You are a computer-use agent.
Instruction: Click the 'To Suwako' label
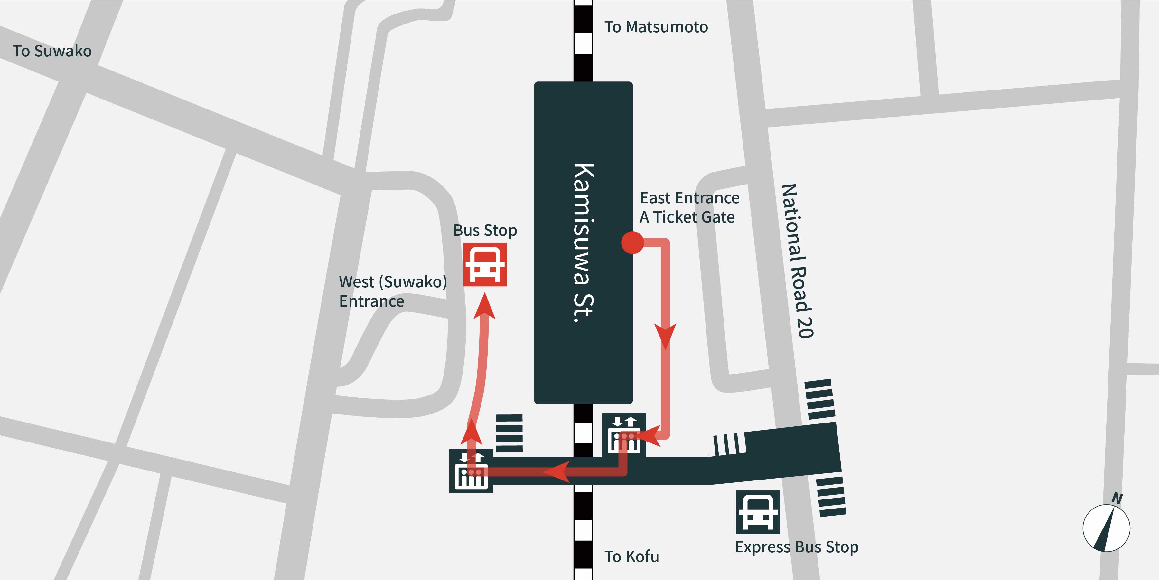pyautogui.click(x=52, y=51)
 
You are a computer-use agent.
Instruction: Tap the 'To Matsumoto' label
pyautogui.click(x=656, y=27)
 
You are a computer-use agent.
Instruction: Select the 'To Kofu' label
pyautogui.click(x=631, y=556)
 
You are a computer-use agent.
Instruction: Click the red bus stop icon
pyautogui.click(x=485, y=265)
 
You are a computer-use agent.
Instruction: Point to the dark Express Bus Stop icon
pyautogui.click(x=758, y=512)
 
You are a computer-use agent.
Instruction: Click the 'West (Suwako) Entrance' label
pyautogui.click(x=392, y=291)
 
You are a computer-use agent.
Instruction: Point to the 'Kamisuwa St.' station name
pyautogui.click(x=584, y=243)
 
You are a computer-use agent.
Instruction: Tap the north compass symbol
pyautogui.click(x=1106, y=528)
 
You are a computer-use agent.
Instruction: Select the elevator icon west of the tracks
pyautogui.click(x=471, y=471)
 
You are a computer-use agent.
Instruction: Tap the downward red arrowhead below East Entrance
pyautogui.click(x=665, y=336)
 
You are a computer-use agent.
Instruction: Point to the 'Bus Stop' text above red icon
pyautogui.click(x=485, y=231)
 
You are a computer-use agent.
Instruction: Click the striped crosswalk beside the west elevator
pyautogui.click(x=509, y=433)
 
